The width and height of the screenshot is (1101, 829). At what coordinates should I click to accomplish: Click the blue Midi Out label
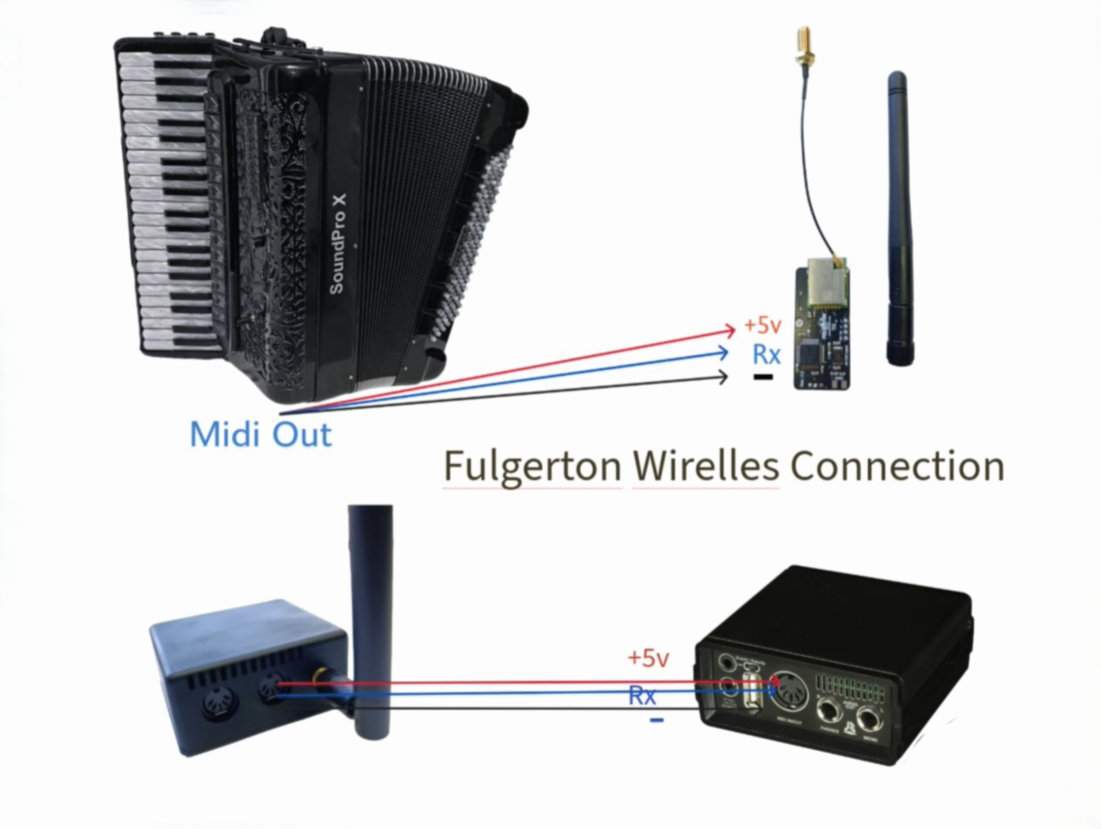click(x=260, y=434)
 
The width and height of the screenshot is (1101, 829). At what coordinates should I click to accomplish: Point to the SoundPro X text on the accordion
click(x=338, y=244)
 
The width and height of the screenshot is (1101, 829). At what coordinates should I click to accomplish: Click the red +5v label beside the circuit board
click(x=763, y=325)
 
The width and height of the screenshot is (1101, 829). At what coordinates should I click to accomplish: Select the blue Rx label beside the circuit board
click(x=766, y=354)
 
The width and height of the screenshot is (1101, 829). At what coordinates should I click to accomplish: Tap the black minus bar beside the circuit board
click(x=763, y=377)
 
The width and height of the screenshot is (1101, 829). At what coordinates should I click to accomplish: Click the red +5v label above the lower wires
click(x=648, y=658)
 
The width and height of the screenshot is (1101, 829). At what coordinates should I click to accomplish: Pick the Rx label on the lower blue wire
click(x=642, y=695)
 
